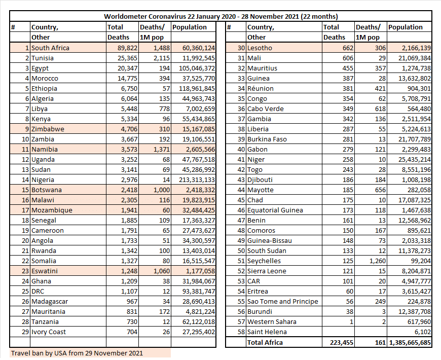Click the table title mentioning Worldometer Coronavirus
pos(221,16)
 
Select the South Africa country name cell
pos(50,48)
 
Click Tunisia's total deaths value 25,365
pos(127,58)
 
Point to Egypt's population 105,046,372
pos(197,68)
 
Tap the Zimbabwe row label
pos(48,129)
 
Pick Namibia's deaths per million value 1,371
pos(161,149)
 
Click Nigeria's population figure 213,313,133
pos(197,179)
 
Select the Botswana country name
pos(47,190)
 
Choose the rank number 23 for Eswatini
pos(25,271)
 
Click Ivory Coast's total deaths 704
pos(132,332)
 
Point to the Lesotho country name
pos(260,48)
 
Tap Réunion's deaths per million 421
pos(380,88)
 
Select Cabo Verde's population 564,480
pos(419,109)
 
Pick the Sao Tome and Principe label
pos(283,301)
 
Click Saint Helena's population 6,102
pos(422,332)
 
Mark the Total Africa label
pos(265,342)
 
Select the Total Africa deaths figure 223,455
pos(342,342)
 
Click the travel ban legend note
pos(77,353)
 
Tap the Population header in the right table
pos(406,27)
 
